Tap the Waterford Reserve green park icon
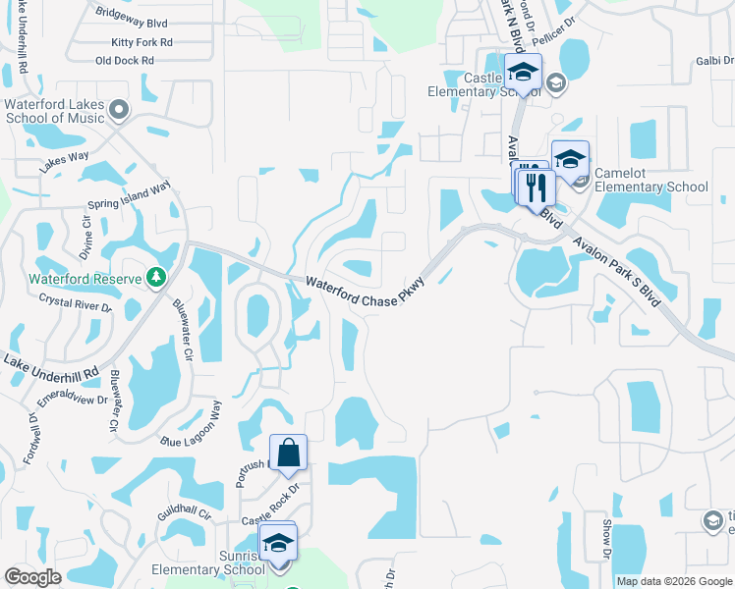(x=155, y=278)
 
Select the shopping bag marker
(x=289, y=454)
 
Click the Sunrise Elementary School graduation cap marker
(x=278, y=541)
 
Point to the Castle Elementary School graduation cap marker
(x=523, y=72)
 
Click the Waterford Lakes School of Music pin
(x=120, y=108)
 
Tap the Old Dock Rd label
(x=125, y=61)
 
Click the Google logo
(x=32, y=577)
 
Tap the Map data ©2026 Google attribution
(x=674, y=581)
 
